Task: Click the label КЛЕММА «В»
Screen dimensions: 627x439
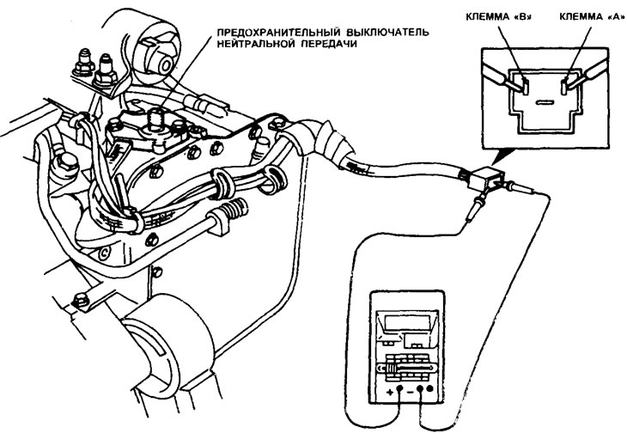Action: point(500,16)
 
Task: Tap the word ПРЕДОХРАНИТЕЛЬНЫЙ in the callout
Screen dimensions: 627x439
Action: point(277,32)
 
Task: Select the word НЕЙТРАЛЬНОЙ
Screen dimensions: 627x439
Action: point(256,44)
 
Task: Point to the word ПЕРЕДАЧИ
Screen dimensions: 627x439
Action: point(329,44)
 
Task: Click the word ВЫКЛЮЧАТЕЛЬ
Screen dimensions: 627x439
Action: point(386,32)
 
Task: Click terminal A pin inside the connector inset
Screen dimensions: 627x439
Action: point(564,86)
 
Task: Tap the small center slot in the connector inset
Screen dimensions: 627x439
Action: point(543,103)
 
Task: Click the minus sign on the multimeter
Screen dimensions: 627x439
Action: point(411,393)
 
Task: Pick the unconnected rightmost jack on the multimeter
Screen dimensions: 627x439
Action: point(430,388)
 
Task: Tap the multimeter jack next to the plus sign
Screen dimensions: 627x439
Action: point(399,389)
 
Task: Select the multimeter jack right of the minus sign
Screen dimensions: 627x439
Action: point(420,389)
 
